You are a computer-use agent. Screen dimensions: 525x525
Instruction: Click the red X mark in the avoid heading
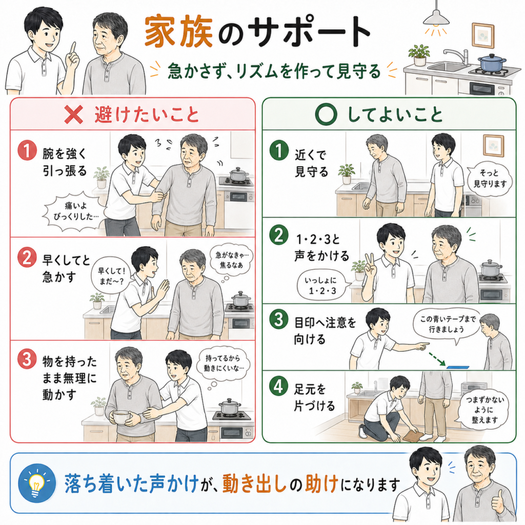tap(74, 115)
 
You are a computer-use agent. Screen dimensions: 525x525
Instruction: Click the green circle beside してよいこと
tap(326, 114)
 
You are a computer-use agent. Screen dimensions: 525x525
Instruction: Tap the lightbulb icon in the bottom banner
tap(36, 483)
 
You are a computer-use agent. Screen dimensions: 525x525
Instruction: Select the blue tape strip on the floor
tap(459, 367)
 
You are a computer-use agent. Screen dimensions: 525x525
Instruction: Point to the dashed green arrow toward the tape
tap(436, 358)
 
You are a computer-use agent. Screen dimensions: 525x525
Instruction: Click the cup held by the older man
tap(121, 417)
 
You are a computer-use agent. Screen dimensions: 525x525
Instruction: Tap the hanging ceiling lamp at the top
tap(436, 17)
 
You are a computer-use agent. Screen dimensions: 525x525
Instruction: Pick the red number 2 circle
tap(27, 257)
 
